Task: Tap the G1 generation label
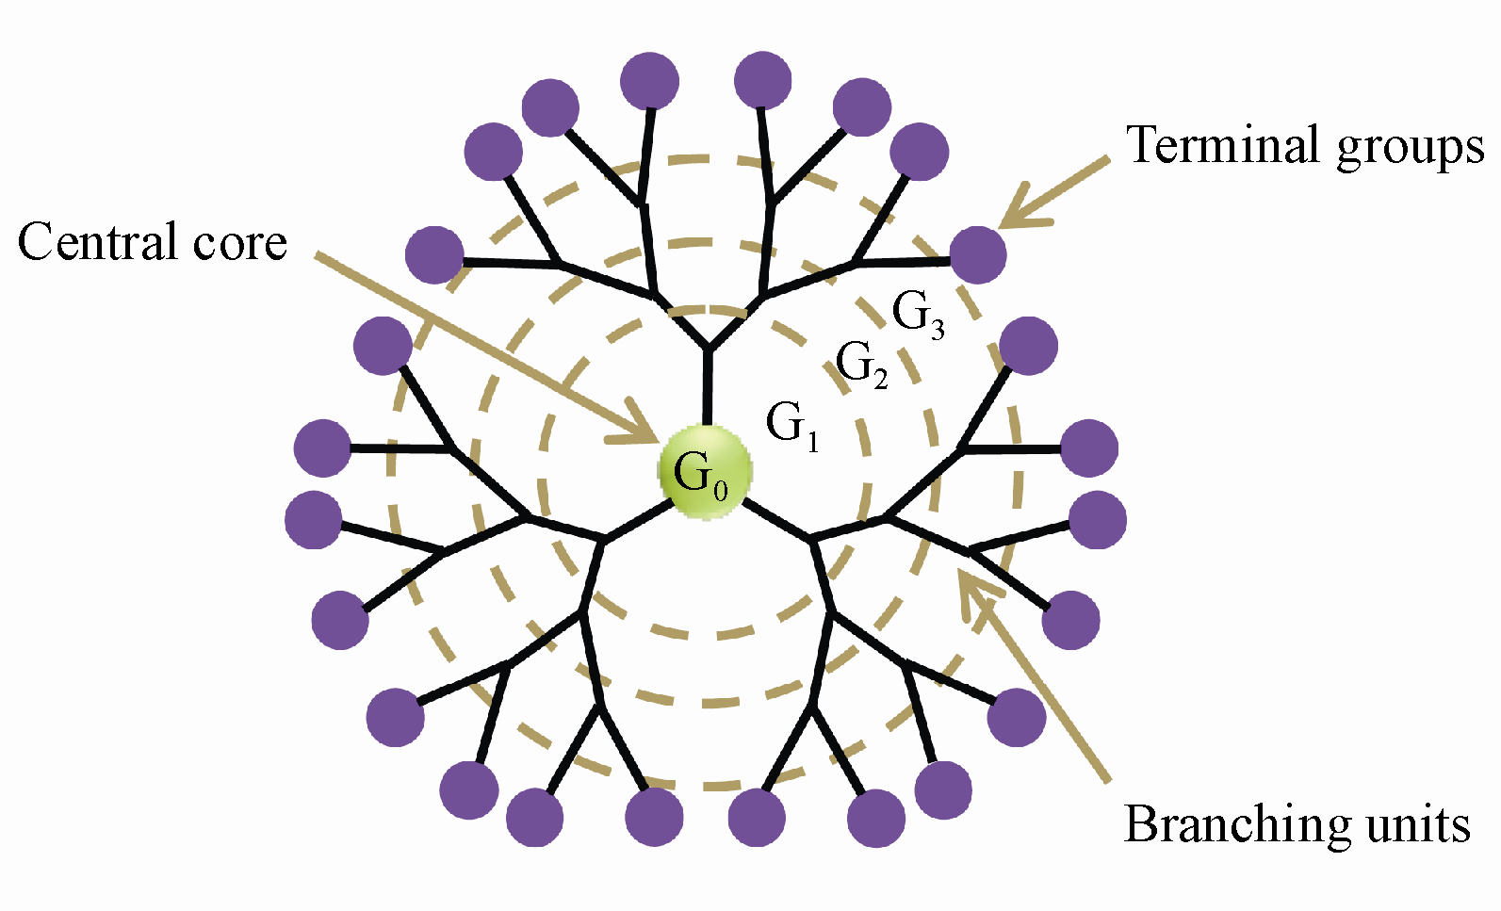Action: click(791, 426)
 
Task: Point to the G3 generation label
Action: click(917, 314)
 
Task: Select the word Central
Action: click(100, 242)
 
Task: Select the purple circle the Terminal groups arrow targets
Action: click(978, 254)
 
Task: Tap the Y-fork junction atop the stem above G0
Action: click(709, 348)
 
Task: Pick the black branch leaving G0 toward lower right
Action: click(776, 520)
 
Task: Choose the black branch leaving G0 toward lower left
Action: click(637, 521)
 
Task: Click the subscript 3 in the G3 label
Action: click(938, 328)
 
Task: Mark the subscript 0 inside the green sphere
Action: click(721, 489)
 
